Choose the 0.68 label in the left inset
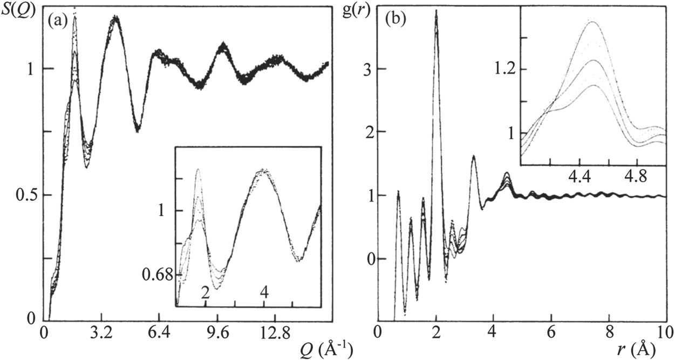[159, 275]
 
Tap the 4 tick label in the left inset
[264, 292]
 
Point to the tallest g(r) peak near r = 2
[436, 12]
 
